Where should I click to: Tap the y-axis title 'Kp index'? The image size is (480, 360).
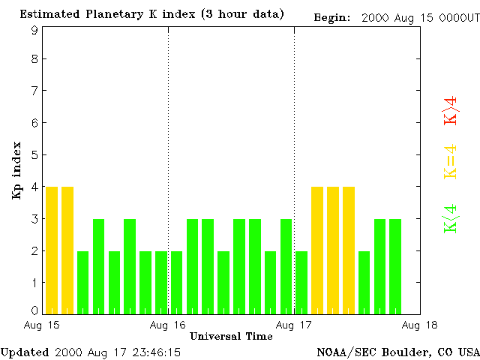pos(16,170)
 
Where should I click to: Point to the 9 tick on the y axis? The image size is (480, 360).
pos(34,31)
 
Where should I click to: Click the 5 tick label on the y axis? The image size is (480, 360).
pos(34,155)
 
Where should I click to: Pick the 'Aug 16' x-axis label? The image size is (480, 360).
pos(168,325)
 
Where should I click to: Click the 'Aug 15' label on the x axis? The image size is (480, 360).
pos(43,325)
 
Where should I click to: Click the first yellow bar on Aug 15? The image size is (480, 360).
pos(52,250)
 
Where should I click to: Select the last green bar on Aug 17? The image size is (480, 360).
pos(395,266)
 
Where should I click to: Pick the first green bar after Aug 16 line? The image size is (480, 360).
pos(176,282)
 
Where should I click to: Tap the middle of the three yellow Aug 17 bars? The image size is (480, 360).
pos(333,250)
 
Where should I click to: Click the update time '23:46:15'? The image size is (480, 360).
pos(154,352)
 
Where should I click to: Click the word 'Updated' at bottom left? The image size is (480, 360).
pos(25,352)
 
